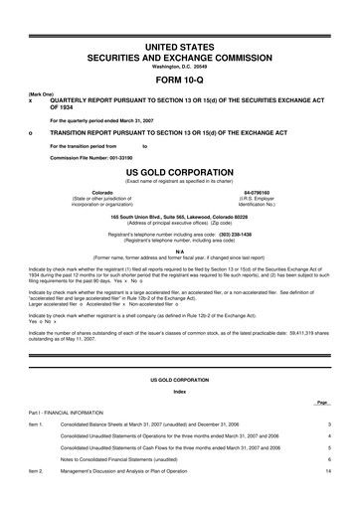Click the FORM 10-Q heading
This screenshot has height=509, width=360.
pyautogui.click(x=179, y=80)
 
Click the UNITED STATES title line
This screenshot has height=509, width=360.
pyautogui.click(x=179, y=47)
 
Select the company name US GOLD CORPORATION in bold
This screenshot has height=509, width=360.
pyautogui.click(x=179, y=171)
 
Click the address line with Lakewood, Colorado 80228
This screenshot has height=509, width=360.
pyautogui.click(x=179, y=216)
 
